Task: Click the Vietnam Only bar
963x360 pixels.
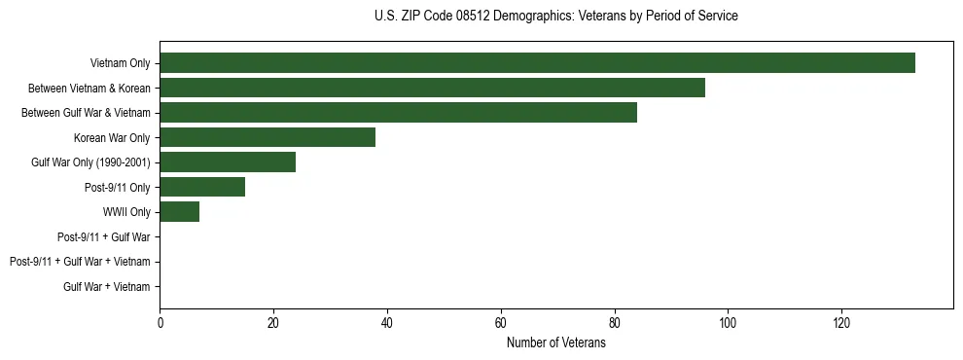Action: click(537, 63)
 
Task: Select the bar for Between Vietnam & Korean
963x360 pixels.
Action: click(432, 88)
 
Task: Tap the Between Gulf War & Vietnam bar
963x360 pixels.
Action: click(398, 113)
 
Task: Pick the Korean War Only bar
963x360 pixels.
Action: click(267, 137)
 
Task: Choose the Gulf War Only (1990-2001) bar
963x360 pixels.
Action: click(228, 162)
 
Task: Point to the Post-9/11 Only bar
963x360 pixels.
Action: click(202, 187)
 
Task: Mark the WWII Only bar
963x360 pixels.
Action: click(179, 211)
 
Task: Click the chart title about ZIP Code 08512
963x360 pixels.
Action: click(555, 17)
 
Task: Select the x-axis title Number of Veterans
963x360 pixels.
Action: click(555, 343)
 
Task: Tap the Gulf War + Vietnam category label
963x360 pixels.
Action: click(107, 286)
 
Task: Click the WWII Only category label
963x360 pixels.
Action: click(126, 212)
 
